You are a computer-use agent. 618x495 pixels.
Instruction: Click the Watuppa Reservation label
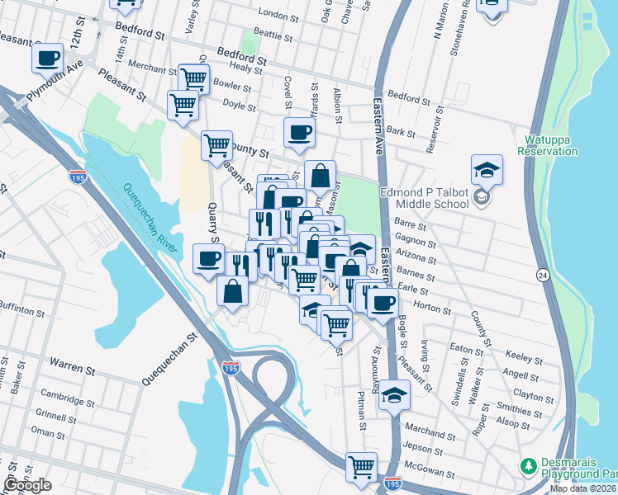[547, 145]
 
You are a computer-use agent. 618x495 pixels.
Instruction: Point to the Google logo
[26, 485]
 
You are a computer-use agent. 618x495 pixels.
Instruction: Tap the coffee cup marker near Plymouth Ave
[48, 59]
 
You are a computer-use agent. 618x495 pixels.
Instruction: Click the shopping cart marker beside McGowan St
[361, 468]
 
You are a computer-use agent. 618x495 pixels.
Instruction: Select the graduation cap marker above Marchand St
[395, 395]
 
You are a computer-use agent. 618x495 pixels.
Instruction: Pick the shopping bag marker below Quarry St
[233, 290]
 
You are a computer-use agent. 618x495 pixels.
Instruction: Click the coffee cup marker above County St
[299, 132]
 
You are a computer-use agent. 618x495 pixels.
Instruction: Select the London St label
[277, 14]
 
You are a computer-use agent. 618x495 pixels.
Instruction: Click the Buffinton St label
[21, 312]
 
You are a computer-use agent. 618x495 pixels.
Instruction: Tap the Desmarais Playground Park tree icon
[528, 467]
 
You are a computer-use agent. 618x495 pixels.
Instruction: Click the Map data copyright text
[582, 488]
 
